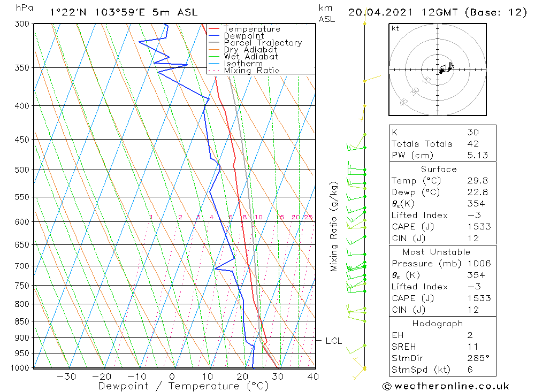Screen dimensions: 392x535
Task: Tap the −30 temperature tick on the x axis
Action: (x=66, y=376)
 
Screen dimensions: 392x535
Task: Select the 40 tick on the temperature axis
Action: (x=314, y=376)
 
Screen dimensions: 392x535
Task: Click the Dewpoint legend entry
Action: (x=243, y=36)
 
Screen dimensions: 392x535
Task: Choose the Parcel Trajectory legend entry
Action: (x=263, y=43)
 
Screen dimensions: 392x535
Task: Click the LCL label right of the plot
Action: (x=333, y=341)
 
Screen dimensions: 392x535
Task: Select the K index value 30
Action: (x=472, y=132)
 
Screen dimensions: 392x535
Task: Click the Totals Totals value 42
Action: (x=472, y=143)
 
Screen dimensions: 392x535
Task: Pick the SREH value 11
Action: (x=472, y=347)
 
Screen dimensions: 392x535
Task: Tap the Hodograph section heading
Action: (x=438, y=324)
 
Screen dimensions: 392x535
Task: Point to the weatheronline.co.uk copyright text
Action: (x=446, y=386)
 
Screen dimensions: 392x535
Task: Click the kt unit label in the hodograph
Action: (x=395, y=28)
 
